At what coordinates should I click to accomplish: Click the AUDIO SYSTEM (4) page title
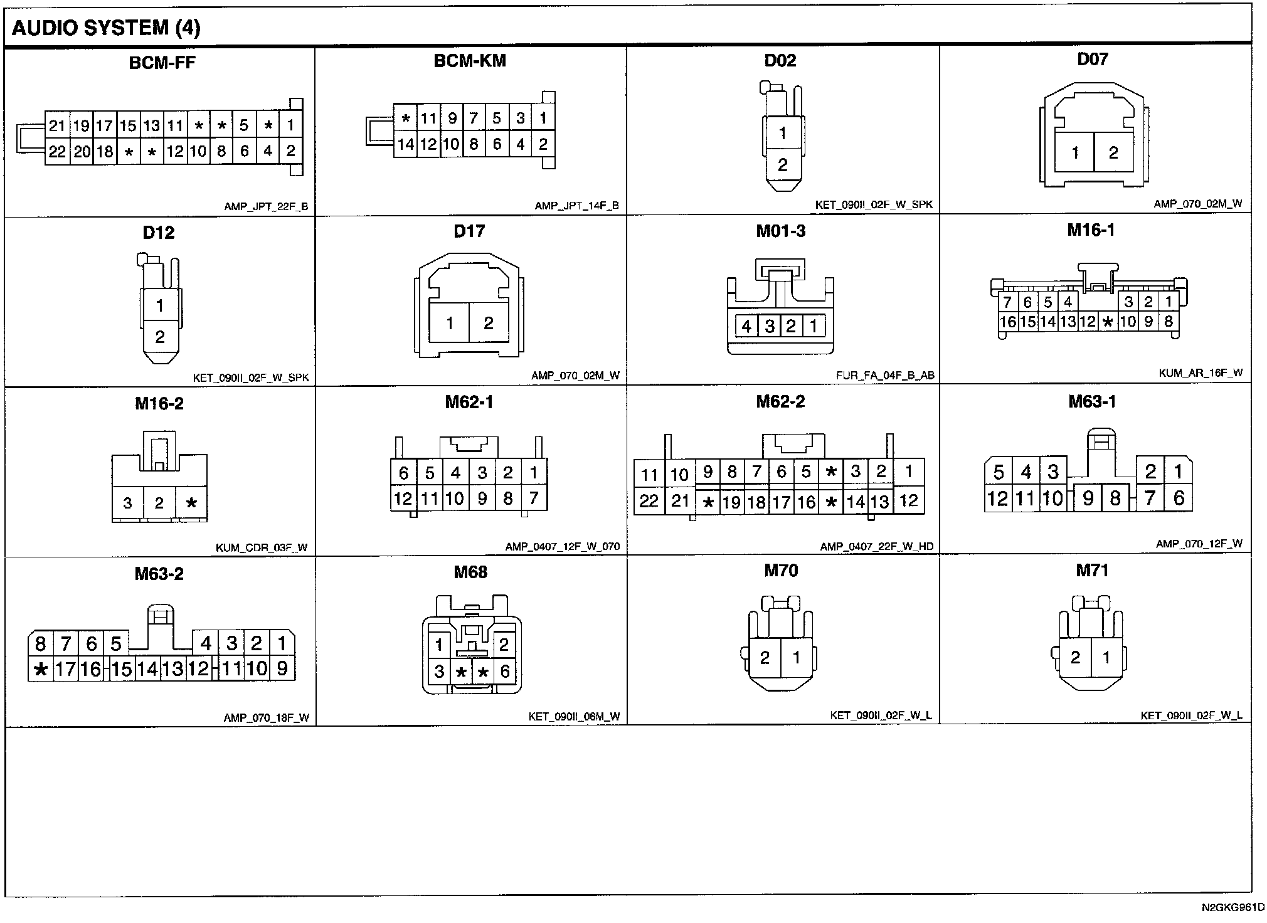(106, 28)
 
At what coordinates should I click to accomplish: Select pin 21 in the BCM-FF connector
(57, 126)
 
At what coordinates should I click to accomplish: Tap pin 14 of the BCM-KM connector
(405, 145)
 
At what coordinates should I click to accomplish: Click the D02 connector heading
(780, 61)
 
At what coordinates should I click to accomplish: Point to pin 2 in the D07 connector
(1113, 152)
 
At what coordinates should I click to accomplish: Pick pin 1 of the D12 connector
(160, 305)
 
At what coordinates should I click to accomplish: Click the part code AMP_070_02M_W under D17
(575, 376)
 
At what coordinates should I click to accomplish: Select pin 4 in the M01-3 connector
(746, 326)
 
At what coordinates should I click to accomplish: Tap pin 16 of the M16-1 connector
(1007, 322)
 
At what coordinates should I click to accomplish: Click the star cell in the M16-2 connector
(192, 503)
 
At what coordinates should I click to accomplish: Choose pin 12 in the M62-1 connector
(403, 499)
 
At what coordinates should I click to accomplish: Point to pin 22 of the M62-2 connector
(649, 501)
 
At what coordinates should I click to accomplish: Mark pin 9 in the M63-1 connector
(1088, 498)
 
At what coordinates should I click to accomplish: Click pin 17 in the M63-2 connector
(65, 670)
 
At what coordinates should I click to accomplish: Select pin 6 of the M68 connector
(505, 672)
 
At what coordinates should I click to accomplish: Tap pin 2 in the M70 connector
(765, 658)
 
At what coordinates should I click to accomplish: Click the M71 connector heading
(1092, 571)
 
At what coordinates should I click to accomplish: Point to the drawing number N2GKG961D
(1233, 907)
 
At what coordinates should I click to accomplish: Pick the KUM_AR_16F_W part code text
(1201, 373)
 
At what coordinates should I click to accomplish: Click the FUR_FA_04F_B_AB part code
(885, 376)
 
